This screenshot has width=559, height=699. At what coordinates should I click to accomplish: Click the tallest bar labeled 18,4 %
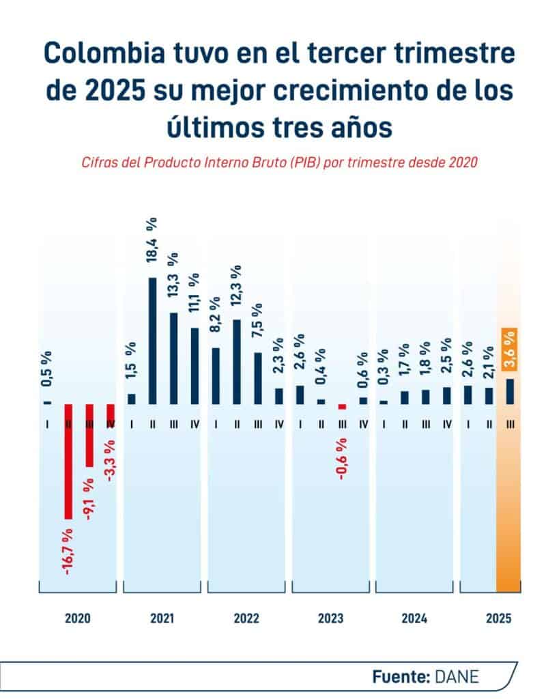click(152, 341)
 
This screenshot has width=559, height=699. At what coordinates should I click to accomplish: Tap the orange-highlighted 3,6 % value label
click(509, 350)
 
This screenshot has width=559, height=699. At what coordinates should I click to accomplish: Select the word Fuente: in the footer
click(401, 677)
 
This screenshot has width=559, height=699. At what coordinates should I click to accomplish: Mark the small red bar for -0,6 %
click(343, 407)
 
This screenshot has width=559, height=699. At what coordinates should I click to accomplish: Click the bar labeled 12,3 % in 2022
click(237, 362)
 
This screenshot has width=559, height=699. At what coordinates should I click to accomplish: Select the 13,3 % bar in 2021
click(173, 358)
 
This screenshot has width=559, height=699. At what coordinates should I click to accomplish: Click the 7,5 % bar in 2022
click(258, 378)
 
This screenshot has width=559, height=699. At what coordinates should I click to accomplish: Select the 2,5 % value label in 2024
click(447, 355)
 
